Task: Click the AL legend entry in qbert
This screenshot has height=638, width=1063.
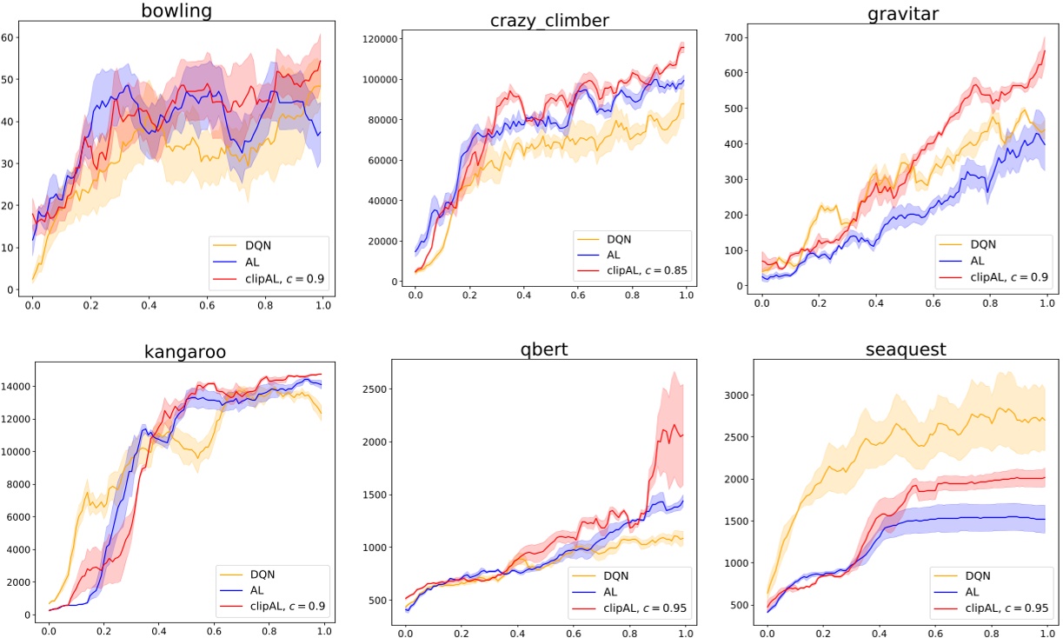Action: [614, 590]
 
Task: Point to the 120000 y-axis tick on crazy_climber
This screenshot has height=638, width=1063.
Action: [382, 39]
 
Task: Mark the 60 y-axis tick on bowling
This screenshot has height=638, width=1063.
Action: [8, 37]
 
